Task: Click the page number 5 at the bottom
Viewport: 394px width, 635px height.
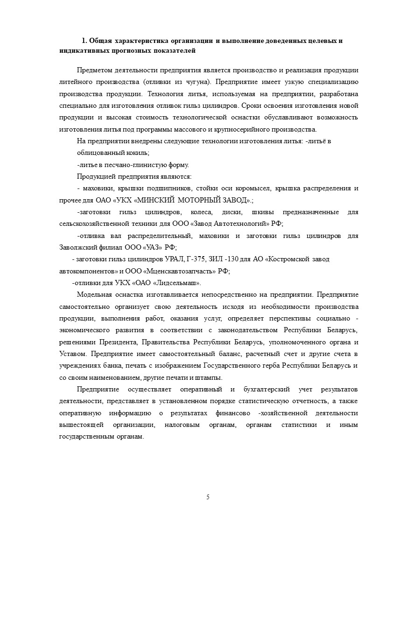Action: pyautogui.click(x=208, y=497)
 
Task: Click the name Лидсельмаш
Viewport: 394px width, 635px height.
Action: pyautogui.click(x=179, y=283)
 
